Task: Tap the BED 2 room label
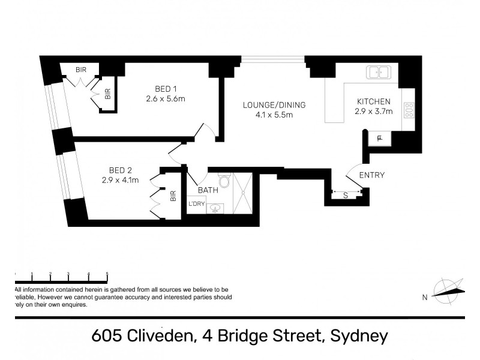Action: point(120,169)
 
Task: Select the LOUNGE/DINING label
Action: point(274,105)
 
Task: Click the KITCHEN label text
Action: point(374,101)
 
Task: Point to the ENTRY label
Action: point(371,175)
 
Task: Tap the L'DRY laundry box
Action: point(197,204)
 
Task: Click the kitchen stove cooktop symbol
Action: point(409,109)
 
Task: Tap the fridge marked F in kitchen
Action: point(379,139)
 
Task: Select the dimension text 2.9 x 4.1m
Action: point(120,179)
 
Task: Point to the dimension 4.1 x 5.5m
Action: point(274,115)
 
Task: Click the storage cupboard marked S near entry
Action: point(345,194)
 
